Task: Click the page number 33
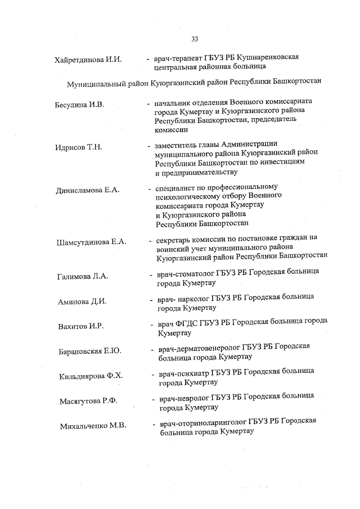pyautogui.click(x=195, y=39)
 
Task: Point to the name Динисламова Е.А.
pyautogui.click(x=87, y=191)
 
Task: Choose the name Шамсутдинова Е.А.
pyautogui.click(x=92, y=242)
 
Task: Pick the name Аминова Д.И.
pyautogui.click(x=82, y=301)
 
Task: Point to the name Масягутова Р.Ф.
pyautogui.click(x=88, y=402)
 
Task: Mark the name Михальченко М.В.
pyautogui.click(x=93, y=426)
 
